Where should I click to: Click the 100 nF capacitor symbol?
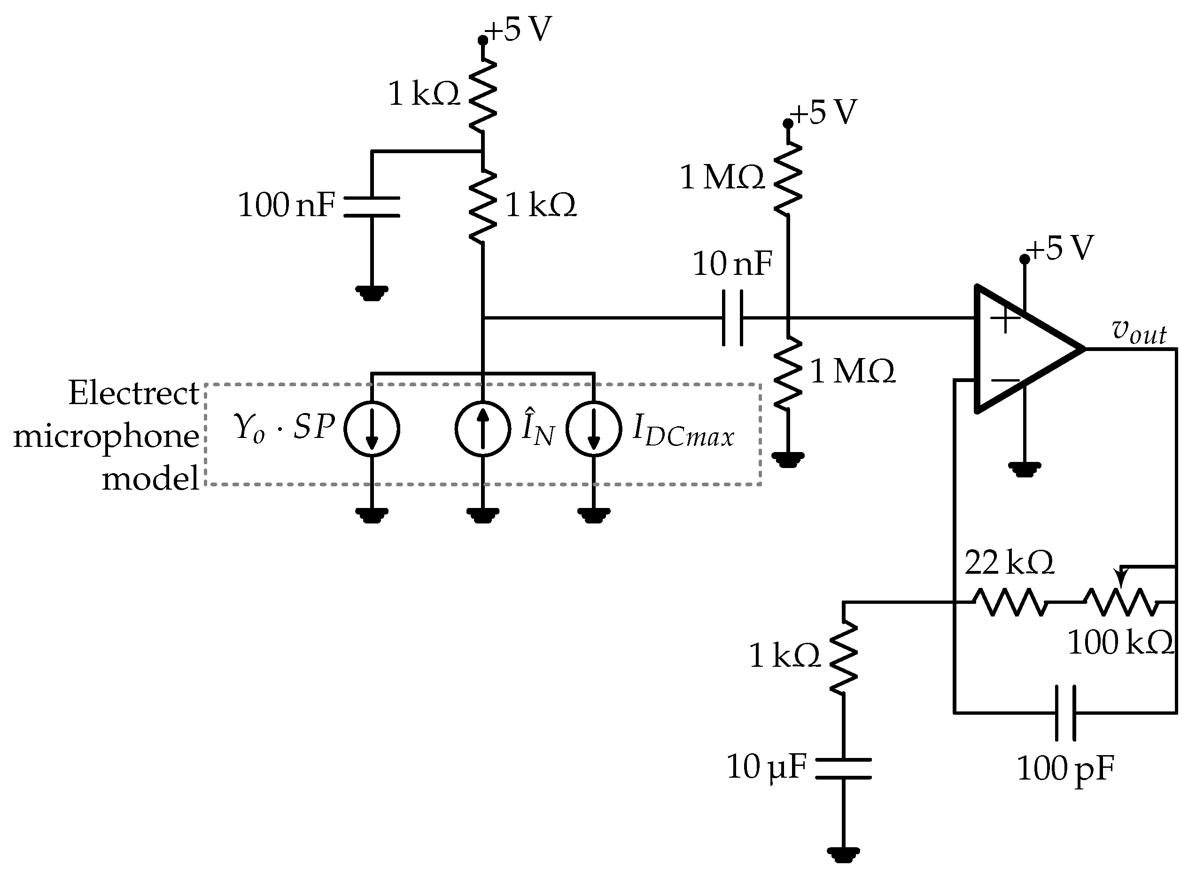(x=372, y=207)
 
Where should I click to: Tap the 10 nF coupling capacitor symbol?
(x=732, y=318)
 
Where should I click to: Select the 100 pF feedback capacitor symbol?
(x=1065, y=713)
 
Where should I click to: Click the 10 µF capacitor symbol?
(x=843, y=768)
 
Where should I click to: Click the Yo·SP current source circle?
(x=372, y=429)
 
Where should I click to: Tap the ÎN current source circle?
(x=482, y=429)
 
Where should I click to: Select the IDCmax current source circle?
(x=593, y=429)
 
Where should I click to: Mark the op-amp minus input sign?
(x=1004, y=380)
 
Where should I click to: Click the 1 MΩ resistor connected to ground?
(x=788, y=374)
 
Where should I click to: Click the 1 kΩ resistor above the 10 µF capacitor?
(x=843, y=658)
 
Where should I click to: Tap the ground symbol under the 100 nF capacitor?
(x=372, y=293)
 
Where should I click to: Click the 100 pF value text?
(x=1065, y=769)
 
